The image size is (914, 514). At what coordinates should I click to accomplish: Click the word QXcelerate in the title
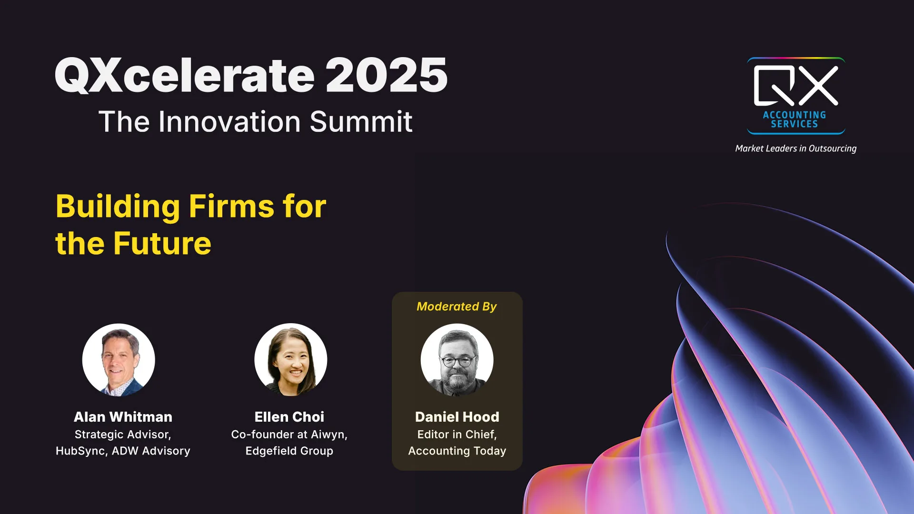click(x=185, y=76)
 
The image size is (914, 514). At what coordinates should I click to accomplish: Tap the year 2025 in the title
click(x=387, y=75)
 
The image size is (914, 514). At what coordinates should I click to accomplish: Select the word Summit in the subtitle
click(x=361, y=122)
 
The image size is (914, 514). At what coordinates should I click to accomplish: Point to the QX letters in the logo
click(x=796, y=86)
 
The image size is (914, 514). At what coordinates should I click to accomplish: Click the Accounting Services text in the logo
click(x=795, y=119)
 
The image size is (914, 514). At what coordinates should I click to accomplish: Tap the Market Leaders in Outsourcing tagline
click(x=796, y=148)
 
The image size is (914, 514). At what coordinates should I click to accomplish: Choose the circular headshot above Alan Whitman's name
click(x=119, y=360)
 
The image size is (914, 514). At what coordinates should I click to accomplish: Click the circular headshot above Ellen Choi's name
click(x=291, y=360)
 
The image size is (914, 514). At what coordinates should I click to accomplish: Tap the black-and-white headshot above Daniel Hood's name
click(x=457, y=360)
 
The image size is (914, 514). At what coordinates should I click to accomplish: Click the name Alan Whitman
click(x=123, y=417)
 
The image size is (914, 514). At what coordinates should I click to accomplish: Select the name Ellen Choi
click(x=289, y=417)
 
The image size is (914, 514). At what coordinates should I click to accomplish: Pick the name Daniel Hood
click(x=457, y=417)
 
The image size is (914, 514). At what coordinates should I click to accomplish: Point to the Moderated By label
click(x=457, y=306)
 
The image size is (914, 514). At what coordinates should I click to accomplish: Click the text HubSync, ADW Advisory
click(x=123, y=451)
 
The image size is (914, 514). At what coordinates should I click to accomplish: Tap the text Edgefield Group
click(x=289, y=451)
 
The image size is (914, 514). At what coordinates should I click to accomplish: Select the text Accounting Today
click(x=457, y=451)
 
